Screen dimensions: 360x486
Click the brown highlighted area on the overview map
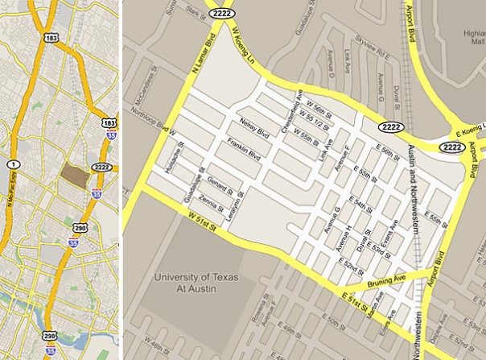coord(74,174)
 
